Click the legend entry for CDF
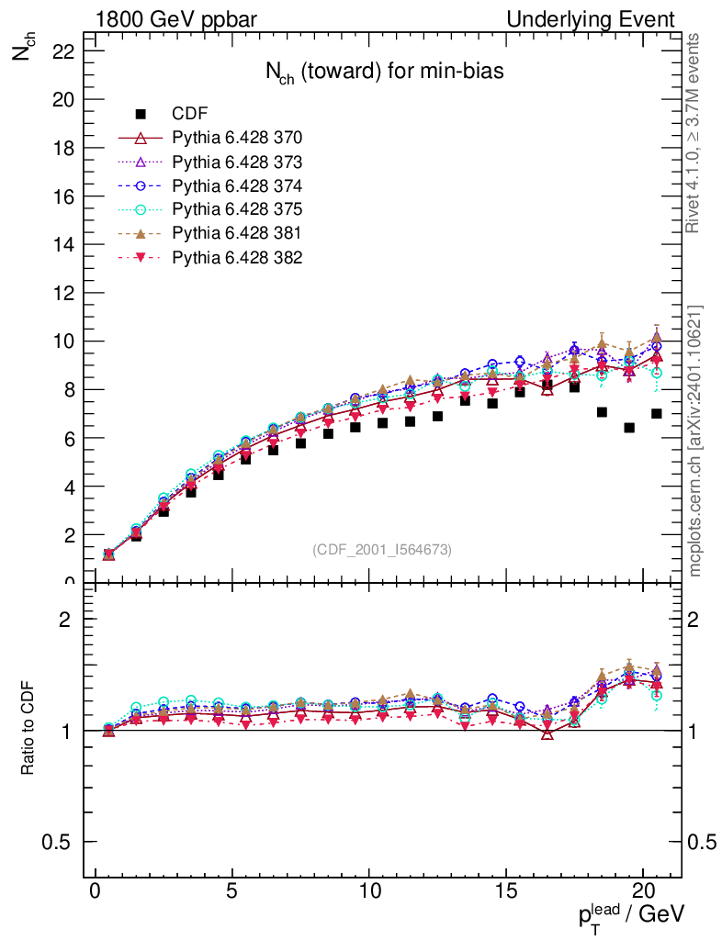click(190, 114)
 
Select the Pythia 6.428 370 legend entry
click(237, 138)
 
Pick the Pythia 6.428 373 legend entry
click(237, 162)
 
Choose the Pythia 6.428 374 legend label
click(237, 185)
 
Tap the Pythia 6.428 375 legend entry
click(237, 209)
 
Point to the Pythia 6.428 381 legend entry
click(237, 233)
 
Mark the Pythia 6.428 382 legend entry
click(237, 257)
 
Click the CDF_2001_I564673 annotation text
click(382, 549)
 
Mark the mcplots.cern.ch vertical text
click(695, 441)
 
